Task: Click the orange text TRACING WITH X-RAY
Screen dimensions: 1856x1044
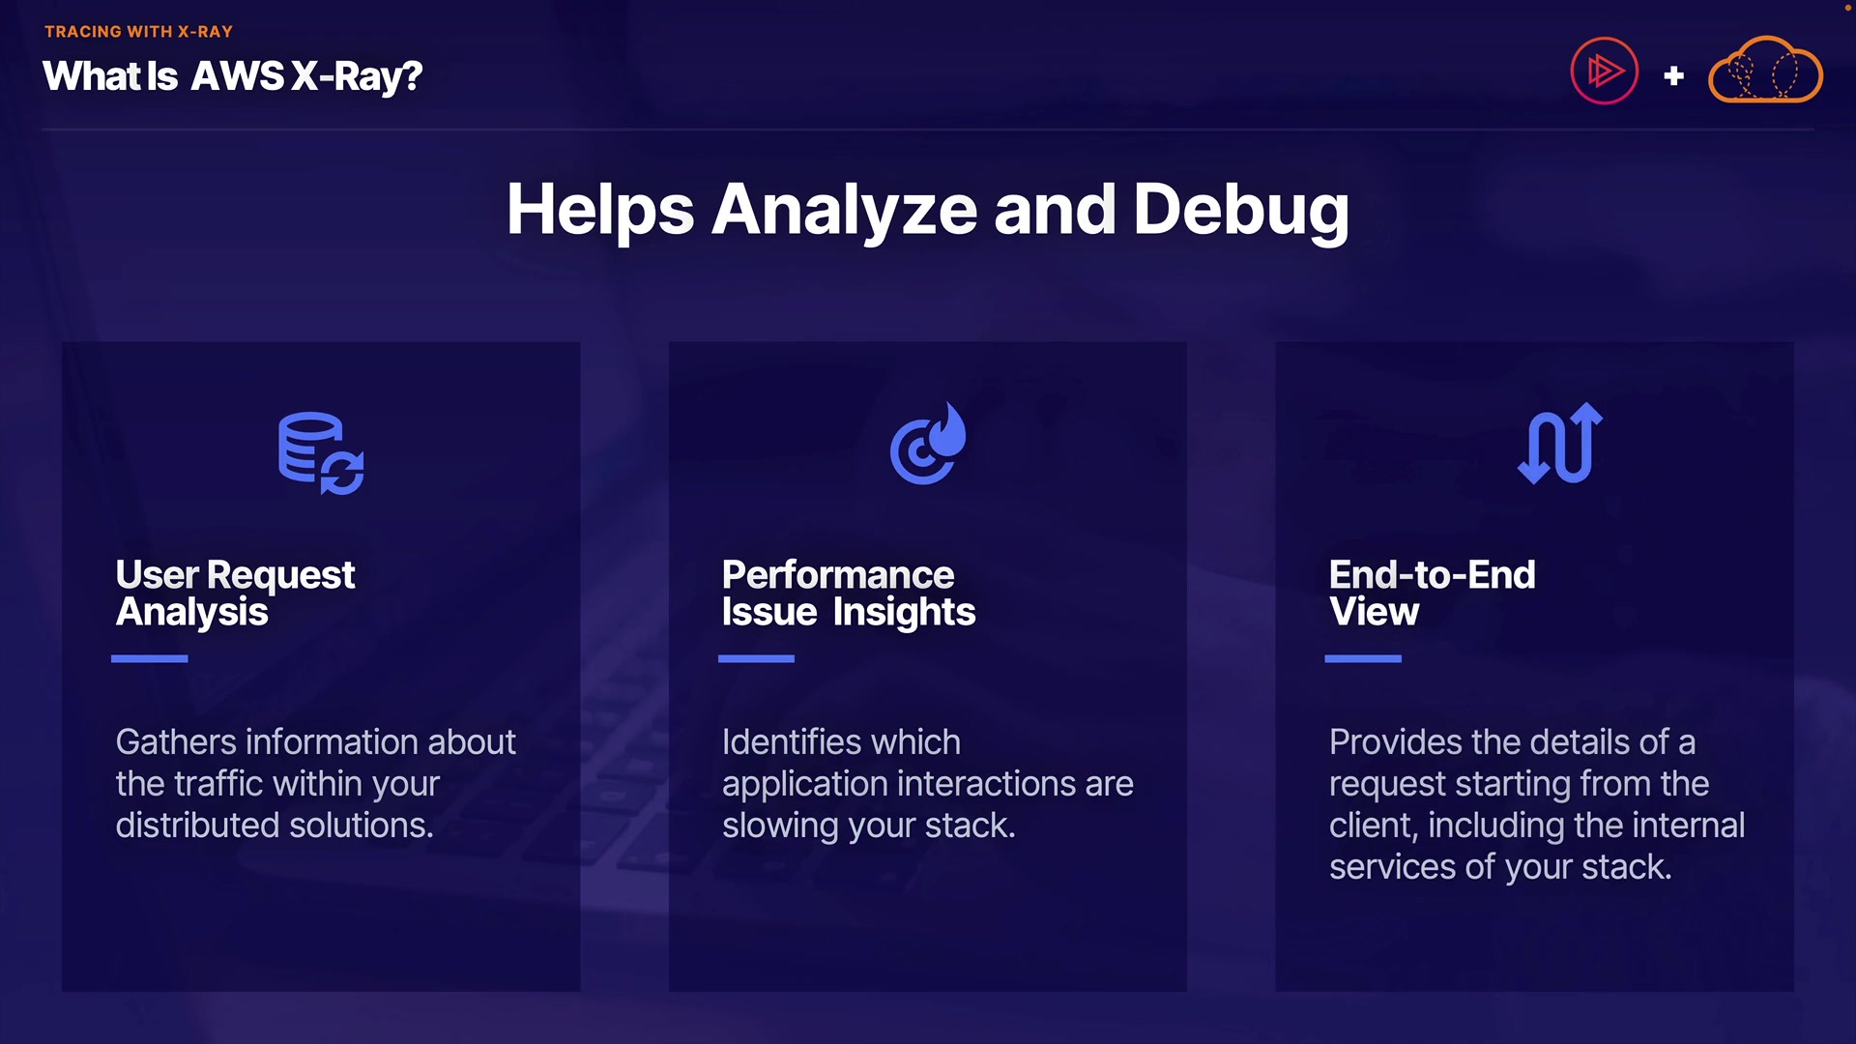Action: [x=138, y=32]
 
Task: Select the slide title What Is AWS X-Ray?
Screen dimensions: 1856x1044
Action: [x=232, y=76]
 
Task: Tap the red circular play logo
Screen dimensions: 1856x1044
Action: [x=1604, y=71]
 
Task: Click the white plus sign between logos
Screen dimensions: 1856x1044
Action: [x=1673, y=75]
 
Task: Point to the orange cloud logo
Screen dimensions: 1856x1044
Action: [x=1765, y=71]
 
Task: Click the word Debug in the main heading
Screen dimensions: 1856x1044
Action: [x=1240, y=210]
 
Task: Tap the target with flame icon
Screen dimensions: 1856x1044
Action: [x=928, y=444]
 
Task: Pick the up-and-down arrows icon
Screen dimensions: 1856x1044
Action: [x=1560, y=444]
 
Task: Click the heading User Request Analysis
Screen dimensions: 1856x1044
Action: [x=235, y=593]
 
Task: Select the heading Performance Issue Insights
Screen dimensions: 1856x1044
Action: [x=848, y=593]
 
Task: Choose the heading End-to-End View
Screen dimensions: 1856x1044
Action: [x=1432, y=593]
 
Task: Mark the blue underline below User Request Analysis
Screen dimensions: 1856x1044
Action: [x=149, y=658]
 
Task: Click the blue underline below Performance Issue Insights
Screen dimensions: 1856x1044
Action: [x=756, y=658]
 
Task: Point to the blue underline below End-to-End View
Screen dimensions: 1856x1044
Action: [x=1362, y=658]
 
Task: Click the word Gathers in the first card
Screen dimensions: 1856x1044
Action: [x=176, y=742]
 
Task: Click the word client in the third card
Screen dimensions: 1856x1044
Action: [x=1372, y=826]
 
